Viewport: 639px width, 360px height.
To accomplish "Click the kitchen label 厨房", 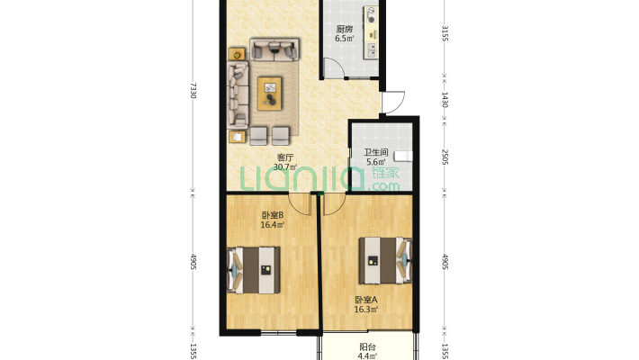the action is tap(345, 29).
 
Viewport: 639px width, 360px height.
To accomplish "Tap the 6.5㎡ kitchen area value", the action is tap(345, 39).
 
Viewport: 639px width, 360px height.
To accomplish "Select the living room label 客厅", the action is tap(285, 157).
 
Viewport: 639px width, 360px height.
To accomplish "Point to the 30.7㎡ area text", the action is tap(285, 167).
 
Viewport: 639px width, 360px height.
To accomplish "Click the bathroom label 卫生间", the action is tap(375, 152).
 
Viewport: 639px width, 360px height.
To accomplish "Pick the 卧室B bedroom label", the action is tap(273, 215).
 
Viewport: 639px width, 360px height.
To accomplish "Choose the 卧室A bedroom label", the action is tap(366, 300).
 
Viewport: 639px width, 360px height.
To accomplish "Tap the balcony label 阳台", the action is tap(367, 347).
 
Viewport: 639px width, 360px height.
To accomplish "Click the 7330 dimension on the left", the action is tap(193, 91).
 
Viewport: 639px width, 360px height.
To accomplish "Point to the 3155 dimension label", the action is tap(445, 33).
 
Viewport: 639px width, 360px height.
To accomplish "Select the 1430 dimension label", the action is tap(445, 100).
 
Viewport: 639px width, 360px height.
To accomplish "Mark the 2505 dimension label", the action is tap(445, 157).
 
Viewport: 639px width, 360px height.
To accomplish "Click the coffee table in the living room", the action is tap(269, 94).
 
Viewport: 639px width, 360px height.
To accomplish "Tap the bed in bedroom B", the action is tap(254, 270).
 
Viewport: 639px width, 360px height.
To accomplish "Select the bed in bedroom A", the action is tap(385, 260).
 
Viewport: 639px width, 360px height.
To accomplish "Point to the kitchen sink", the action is tap(372, 50).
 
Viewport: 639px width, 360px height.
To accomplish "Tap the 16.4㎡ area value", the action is tap(273, 225).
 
